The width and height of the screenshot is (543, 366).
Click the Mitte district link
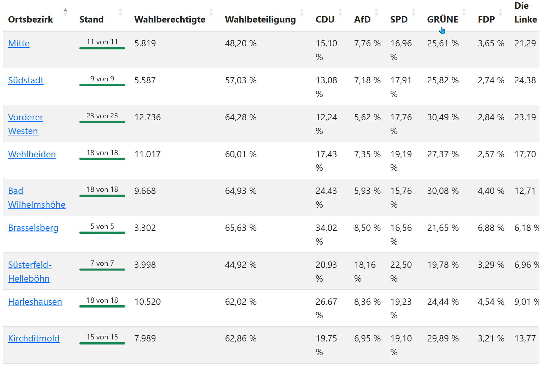(x=19, y=43)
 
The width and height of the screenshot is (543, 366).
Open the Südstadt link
(x=26, y=80)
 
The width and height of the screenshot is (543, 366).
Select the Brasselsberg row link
(x=33, y=228)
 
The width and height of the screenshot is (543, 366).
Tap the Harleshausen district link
(x=35, y=302)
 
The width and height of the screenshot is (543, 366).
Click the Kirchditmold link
(x=34, y=338)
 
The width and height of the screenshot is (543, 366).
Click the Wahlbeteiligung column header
(x=260, y=19)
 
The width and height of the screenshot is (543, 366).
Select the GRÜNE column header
(x=443, y=19)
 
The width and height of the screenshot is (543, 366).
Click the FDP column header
(x=486, y=19)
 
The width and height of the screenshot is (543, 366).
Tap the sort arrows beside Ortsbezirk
(x=66, y=12)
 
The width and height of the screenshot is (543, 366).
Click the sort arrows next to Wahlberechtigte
(x=211, y=12)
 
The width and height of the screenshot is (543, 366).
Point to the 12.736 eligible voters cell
(x=147, y=117)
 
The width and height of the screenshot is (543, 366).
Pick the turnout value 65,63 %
(x=241, y=228)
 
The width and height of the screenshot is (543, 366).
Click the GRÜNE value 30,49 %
(x=443, y=117)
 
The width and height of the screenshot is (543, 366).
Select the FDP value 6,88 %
(x=491, y=228)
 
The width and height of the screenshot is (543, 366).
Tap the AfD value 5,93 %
(x=367, y=191)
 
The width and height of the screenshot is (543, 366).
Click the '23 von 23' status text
(x=102, y=116)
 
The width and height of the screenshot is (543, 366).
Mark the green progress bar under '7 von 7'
(x=102, y=269)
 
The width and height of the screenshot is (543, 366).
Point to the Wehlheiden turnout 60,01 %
(x=241, y=154)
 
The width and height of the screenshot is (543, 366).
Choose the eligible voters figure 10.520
(x=147, y=302)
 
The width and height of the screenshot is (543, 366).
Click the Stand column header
(x=92, y=19)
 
